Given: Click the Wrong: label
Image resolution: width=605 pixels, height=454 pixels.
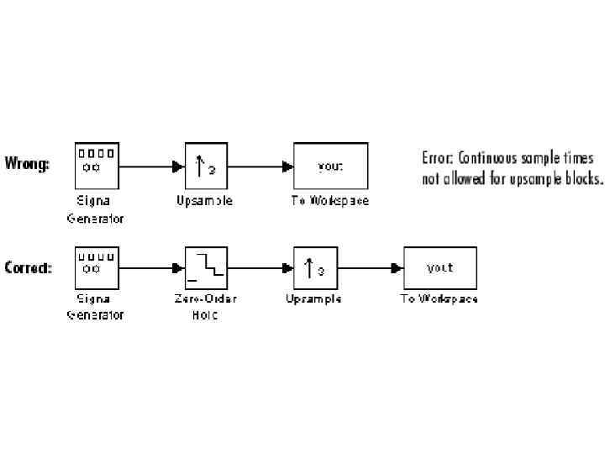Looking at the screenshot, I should (x=27, y=163).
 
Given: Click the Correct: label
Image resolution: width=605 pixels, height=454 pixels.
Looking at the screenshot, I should (x=28, y=268).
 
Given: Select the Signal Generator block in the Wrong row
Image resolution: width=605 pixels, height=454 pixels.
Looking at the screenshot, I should (x=97, y=164).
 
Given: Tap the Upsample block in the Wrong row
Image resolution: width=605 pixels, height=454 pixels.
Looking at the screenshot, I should (x=206, y=165).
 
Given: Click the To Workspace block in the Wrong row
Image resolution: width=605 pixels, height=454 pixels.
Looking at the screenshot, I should (x=329, y=165).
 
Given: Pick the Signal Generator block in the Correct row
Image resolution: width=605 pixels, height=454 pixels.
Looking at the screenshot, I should (x=97, y=268).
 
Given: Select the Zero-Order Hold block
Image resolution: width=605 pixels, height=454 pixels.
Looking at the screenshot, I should (x=206, y=268).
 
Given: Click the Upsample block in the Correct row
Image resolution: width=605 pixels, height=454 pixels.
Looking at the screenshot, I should (x=315, y=268).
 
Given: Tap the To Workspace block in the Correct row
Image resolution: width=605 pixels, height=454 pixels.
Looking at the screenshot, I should (x=439, y=268).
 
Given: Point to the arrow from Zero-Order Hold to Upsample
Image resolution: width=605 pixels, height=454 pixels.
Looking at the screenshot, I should (x=260, y=268).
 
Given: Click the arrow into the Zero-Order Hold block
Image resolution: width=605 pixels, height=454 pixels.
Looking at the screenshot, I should (x=151, y=268).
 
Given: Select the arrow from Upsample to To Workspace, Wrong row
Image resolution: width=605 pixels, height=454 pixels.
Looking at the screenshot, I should (x=260, y=166).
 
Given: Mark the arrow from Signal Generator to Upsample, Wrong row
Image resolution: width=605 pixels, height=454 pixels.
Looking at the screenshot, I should (x=151, y=166).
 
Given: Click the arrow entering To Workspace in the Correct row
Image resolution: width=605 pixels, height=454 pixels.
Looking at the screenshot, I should (x=371, y=268).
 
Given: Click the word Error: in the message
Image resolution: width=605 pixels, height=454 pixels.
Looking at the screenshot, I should (x=437, y=158).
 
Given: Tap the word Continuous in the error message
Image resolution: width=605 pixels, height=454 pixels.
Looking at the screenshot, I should (x=487, y=158).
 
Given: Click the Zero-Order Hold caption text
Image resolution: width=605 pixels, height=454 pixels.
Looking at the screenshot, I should (x=206, y=307).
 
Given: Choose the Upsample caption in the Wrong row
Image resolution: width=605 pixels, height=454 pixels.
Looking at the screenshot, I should (x=204, y=201).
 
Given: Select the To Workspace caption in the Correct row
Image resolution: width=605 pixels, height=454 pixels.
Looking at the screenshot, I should (x=439, y=298).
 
